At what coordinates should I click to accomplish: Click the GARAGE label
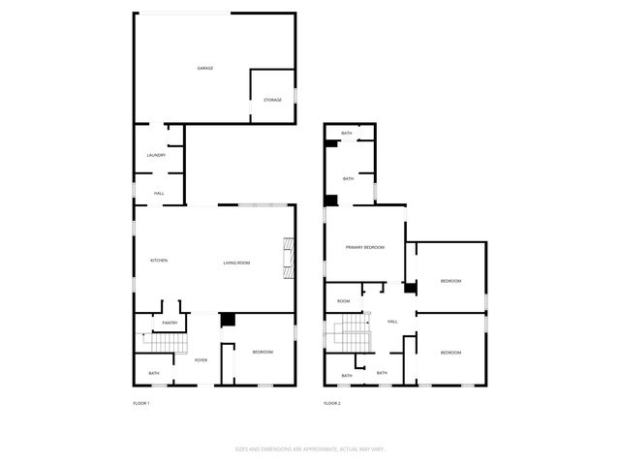pyautogui.click(x=205, y=68)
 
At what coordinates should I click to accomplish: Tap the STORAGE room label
pyautogui.click(x=273, y=100)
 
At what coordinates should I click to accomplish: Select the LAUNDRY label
pyautogui.click(x=156, y=155)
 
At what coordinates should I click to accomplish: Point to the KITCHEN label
pyautogui.click(x=159, y=261)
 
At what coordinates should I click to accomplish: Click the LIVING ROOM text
pyautogui.click(x=237, y=263)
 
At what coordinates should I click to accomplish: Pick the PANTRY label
pyautogui.click(x=170, y=323)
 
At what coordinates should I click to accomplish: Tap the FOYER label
pyautogui.click(x=201, y=360)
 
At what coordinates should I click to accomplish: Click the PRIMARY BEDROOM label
pyautogui.click(x=365, y=248)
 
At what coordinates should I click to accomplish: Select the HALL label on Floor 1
pyautogui.click(x=159, y=194)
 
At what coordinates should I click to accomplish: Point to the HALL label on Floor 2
pyautogui.click(x=392, y=322)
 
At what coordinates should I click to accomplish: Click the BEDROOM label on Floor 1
pyautogui.click(x=263, y=353)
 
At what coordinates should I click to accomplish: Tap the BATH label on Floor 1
pyautogui.click(x=154, y=373)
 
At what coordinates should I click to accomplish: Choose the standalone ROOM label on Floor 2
pyautogui.click(x=343, y=301)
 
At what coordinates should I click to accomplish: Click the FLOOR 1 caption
pyautogui.click(x=141, y=403)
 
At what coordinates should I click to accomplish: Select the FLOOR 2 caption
pyautogui.click(x=332, y=403)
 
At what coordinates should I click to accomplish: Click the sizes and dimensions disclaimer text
pyautogui.click(x=310, y=449)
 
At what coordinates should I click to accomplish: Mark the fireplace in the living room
pyautogui.click(x=287, y=258)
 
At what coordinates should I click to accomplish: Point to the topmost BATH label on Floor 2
pyautogui.click(x=347, y=133)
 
